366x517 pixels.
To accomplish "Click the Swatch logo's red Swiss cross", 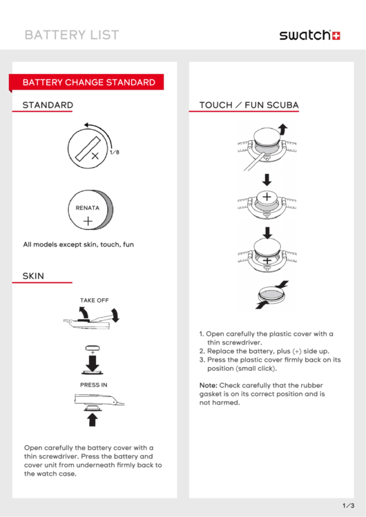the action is [336, 36].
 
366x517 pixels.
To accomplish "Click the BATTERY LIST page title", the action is [72, 35].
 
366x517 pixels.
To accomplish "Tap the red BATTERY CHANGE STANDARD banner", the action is [86, 82].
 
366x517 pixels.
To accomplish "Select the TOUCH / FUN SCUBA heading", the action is [249, 105].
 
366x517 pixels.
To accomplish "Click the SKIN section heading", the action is [33, 275].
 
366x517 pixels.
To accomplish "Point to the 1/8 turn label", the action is [115, 152].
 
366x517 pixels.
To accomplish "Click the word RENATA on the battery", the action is [88, 208].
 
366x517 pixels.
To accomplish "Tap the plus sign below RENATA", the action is [88, 221].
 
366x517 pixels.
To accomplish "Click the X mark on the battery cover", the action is [95, 155].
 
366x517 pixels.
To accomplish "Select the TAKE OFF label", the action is [95, 300].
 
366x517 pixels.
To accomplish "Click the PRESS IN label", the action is [94, 384].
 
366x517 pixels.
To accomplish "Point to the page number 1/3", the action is [349, 505].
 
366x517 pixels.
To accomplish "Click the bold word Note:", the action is [209, 385].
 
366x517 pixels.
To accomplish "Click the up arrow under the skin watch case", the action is [93, 420].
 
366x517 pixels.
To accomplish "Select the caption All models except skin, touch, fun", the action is [79, 244].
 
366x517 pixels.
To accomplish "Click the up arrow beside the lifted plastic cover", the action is [283, 130].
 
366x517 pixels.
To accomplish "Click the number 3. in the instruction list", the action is [202, 360].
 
